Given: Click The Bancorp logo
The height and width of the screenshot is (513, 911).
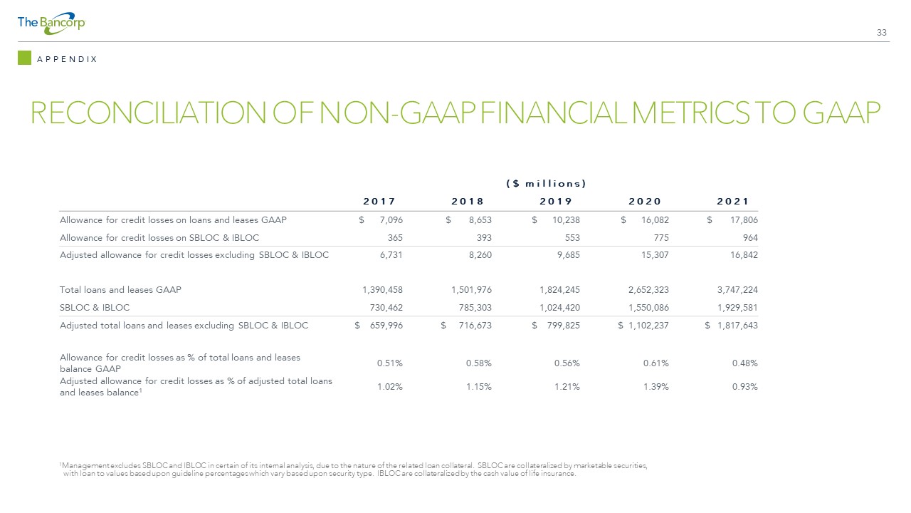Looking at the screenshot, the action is click(51, 24).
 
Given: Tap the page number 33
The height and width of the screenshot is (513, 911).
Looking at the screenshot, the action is click(881, 33).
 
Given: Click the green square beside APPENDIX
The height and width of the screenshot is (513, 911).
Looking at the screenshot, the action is click(24, 58).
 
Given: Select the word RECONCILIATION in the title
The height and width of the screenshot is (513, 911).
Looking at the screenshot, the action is click(148, 113).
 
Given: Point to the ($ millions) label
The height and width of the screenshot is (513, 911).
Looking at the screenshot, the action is click(546, 184).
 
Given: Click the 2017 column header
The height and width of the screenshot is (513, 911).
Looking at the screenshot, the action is click(379, 201).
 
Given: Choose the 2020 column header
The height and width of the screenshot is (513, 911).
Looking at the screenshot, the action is click(645, 201).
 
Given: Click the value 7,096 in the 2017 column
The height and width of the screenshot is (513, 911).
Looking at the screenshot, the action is click(391, 220).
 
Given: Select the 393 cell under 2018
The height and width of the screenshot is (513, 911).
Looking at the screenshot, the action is click(484, 238).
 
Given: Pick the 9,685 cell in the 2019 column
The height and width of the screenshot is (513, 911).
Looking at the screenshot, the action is click(568, 255).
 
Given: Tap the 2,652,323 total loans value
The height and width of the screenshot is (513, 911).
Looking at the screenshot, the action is click(648, 290).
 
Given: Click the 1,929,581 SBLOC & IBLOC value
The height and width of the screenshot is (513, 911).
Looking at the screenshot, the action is click(737, 308).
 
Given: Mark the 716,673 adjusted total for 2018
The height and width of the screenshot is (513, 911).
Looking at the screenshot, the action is click(475, 326).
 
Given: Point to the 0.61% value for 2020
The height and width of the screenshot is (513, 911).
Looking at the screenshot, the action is click(656, 363).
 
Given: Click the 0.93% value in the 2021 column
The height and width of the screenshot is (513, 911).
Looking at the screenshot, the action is click(745, 387).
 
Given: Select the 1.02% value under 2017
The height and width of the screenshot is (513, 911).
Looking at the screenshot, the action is click(390, 387).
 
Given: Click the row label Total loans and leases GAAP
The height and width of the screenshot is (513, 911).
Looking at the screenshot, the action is click(120, 290).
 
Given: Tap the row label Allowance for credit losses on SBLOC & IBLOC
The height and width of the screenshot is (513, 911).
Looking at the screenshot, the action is click(159, 238).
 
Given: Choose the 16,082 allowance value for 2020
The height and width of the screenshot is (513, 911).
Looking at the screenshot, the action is click(655, 220).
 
